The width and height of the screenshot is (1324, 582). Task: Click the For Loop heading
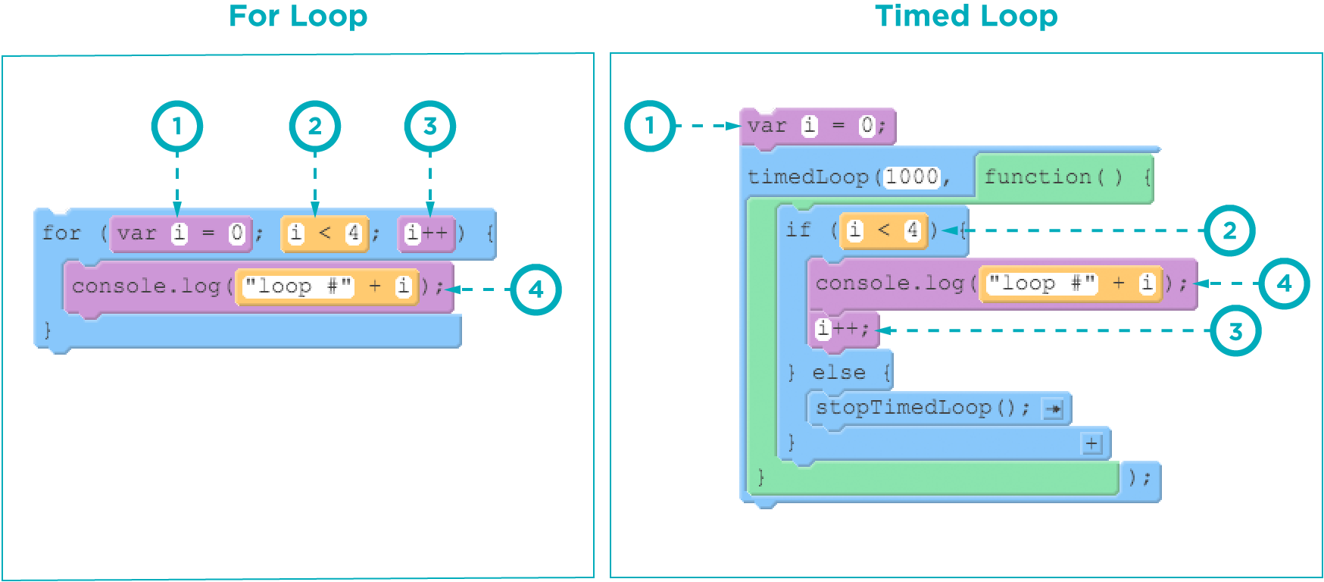click(x=298, y=16)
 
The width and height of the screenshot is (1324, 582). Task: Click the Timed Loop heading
click(x=966, y=16)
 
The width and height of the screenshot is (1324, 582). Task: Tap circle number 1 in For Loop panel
click(x=177, y=126)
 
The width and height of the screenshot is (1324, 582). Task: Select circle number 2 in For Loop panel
click(x=315, y=126)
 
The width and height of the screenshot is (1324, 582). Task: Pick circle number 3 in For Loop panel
click(x=429, y=126)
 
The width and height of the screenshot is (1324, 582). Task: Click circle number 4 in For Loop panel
click(x=536, y=289)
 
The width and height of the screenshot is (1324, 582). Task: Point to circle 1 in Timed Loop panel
click(x=650, y=126)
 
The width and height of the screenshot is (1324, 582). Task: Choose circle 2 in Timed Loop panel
click(x=1229, y=230)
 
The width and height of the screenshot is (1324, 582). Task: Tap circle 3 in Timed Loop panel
click(x=1235, y=331)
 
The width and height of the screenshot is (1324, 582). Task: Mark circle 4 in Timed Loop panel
click(x=1284, y=283)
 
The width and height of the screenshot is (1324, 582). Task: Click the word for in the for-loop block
click(x=61, y=233)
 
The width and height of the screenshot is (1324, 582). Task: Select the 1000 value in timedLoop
click(x=912, y=177)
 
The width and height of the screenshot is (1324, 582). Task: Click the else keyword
click(x=838, y=373)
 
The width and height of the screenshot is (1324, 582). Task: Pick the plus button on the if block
click(x=1091, y=443)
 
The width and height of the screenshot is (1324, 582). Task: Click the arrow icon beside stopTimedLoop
click(x=1053, y=409)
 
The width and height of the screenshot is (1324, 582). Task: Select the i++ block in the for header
click(x=426, y=233)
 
